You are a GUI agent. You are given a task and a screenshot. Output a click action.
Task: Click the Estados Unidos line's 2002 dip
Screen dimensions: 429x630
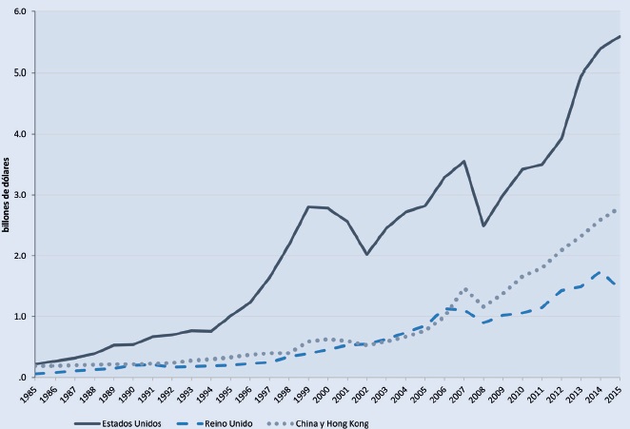[x=366, y=254]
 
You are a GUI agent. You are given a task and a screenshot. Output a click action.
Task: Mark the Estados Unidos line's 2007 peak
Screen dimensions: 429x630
[x=463, y=161]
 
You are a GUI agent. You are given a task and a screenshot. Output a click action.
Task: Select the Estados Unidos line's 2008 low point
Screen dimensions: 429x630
[x=483, y=225]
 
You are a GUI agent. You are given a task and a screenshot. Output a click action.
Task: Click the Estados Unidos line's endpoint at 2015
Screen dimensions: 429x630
[x=620, y=36]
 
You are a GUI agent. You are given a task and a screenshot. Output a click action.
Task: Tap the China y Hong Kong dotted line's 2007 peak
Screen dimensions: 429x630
[x=463, y=289]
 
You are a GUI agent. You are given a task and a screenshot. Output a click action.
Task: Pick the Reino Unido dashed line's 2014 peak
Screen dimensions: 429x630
[x=600, y=271]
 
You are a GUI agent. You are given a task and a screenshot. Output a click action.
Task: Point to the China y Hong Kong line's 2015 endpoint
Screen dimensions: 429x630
[x=620, y=209]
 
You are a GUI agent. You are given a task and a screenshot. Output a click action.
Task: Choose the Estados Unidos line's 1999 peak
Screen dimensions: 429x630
[x=307, y=206]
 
